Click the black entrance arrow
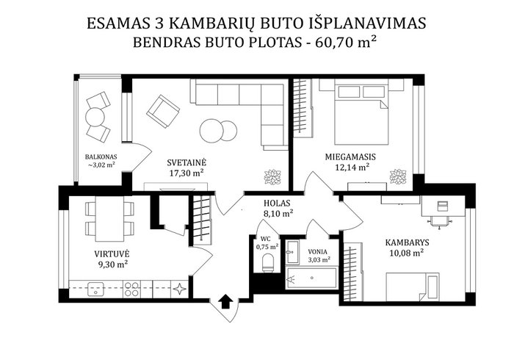point(225,301)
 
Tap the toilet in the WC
point(268,262)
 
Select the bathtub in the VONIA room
point(311,278)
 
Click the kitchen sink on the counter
point(95,289)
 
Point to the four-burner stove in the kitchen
point(131,289)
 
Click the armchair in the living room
point(163,111)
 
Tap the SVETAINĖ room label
point(187,162)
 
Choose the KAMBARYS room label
point(407,243)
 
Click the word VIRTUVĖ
point(112,253)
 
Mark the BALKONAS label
point(101,156)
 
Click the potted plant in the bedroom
point(398,176)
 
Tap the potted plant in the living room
point(272,177)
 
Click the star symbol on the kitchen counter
point(180,289)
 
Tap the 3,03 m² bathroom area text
point(319,260)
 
